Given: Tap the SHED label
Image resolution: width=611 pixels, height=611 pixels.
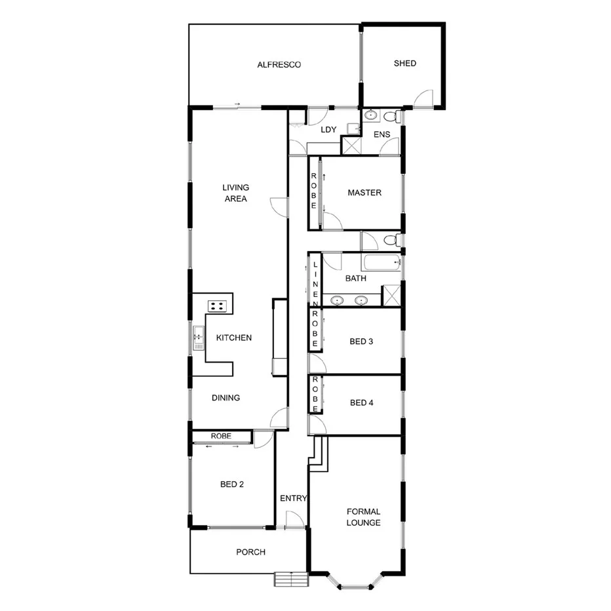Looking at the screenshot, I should [x=404, y=64].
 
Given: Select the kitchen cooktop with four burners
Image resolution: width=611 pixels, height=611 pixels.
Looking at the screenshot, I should [x=218, y=305].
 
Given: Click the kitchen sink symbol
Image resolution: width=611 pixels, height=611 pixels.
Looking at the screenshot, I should [x=198, y=338].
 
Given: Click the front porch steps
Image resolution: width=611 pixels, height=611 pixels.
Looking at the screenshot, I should [x=291, y=580].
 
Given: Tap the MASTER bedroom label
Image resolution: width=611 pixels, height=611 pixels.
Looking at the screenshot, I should [x=365, y=193].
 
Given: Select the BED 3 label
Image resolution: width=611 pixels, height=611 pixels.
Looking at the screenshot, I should [x=361, y=342].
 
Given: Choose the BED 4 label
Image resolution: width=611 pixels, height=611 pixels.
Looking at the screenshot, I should [x=361, y=403].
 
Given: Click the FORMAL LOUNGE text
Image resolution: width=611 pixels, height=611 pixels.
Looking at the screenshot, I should [x=364, y=517].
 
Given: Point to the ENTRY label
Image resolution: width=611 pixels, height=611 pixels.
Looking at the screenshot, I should [x=293, y=498].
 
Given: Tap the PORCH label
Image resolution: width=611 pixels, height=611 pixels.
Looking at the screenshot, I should [x=250, y=552].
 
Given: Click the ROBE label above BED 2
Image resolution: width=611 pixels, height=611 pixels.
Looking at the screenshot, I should [x=221, y=436].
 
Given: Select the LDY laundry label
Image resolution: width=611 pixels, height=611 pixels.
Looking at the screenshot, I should [x=328, y=130].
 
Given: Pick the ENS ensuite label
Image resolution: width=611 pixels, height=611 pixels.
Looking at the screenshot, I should [x=382, y=134].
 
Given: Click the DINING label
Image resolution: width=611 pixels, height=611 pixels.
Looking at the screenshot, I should [x=226, y=398].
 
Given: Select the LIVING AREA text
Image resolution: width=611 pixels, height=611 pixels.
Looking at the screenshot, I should [x=235, y=193].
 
